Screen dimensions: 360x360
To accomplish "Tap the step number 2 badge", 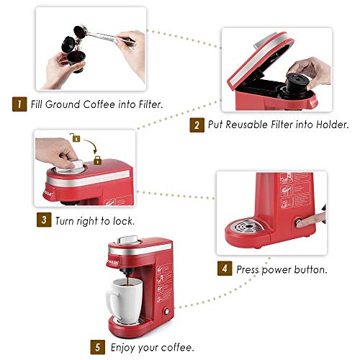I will point(195,125).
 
